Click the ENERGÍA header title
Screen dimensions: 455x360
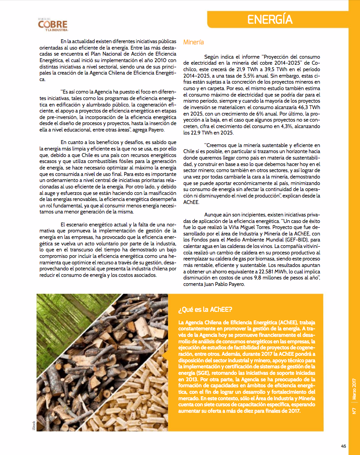click(x=270, y=19)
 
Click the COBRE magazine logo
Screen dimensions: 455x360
click(x=53, y=25)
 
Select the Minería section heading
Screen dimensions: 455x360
click(x=193, y=42)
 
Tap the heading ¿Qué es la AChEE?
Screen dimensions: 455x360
click(x=205, y=310)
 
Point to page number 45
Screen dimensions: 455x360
click(x=344, y=446)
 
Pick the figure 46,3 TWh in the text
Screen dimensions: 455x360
click(x=308, y=107)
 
